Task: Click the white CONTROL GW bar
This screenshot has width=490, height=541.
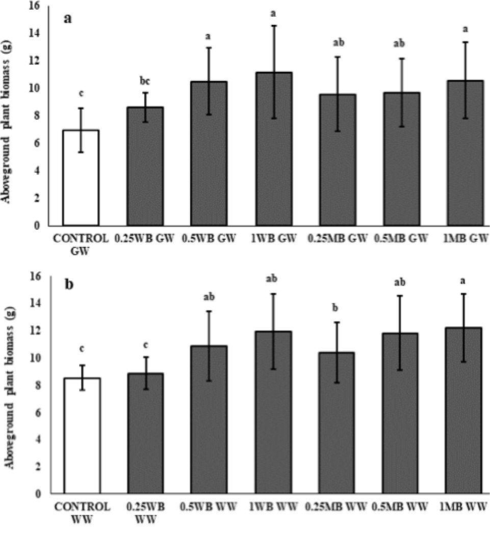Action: [x=81, y=178]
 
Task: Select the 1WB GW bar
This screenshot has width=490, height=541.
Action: [x=274, y=149]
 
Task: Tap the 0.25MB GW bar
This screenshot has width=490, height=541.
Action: [x=338, y=160]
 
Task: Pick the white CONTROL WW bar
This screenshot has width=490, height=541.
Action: [x=82, y=435]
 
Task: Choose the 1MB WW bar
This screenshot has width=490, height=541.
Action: [x=463, y=410]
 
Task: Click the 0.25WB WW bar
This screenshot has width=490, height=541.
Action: [x=145, y=433]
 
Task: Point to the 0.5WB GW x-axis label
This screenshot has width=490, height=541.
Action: [x=209, y=238]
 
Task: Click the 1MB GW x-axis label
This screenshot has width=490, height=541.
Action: [x=466, y=238]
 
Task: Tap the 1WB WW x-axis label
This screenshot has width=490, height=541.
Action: [x=273, y=506]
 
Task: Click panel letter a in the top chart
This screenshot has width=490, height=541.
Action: [x=68, y=18]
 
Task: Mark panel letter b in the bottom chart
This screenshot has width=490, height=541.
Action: [x=69, y=285]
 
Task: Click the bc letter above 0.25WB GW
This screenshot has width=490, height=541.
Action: [x=145, y=82]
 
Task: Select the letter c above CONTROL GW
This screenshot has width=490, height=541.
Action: [x=81, y=93]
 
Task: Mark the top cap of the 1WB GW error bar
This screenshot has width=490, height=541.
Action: [x=274, y=26]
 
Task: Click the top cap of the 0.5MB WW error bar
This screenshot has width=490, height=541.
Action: [x=400, y=296]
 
